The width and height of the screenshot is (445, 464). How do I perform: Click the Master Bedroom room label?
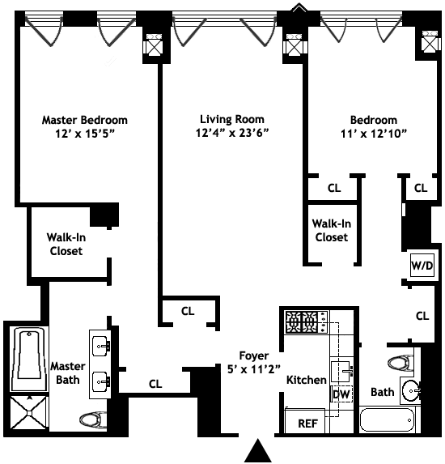84,120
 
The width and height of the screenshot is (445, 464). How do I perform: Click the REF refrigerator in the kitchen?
307,422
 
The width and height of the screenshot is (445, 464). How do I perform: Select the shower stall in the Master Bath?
29,415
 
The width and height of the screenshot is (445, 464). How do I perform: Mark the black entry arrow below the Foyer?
257,449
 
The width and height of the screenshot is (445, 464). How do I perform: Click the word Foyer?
253,355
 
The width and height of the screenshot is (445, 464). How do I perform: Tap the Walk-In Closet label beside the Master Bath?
66,244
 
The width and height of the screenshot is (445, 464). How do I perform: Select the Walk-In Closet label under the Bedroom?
330,230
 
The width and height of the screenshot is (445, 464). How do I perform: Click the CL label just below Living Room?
188,309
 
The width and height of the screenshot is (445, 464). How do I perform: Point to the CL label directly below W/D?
422,316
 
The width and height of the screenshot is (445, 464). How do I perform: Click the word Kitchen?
307,379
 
